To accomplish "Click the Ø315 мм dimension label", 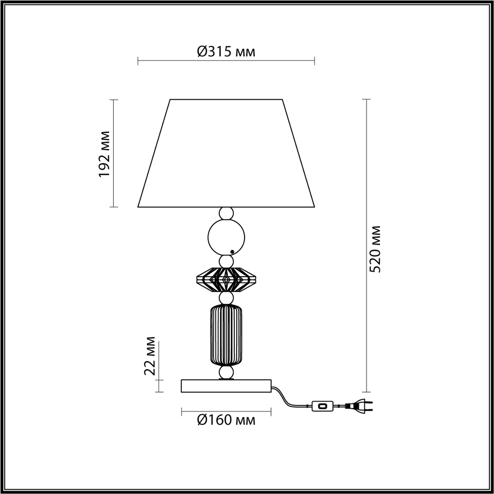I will [226, 51].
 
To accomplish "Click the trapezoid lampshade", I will [226, 153].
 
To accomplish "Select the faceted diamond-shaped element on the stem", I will [226, 280].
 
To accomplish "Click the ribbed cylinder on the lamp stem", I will [226, 335].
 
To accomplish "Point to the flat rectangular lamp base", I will [226, 386].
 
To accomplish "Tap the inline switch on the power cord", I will [323, 407].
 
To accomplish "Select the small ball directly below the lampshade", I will [226, 213].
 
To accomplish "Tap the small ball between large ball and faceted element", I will [226, 260].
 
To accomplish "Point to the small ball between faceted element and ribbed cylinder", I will [226, 298].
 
